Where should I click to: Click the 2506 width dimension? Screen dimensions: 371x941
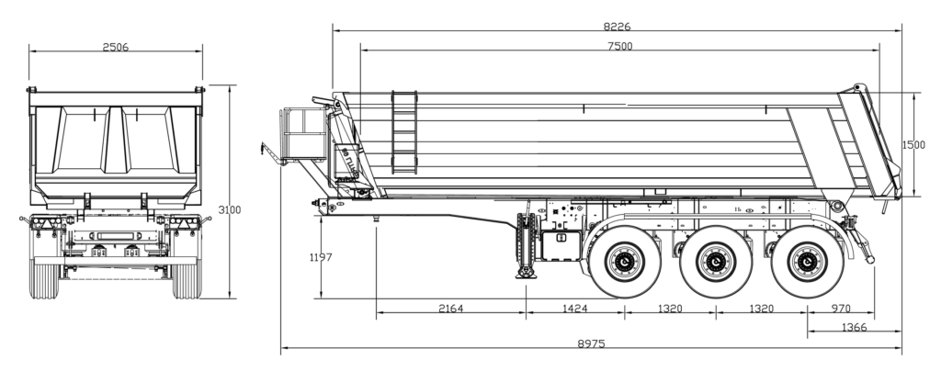pos(116,46)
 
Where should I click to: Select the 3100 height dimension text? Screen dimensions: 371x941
pos(230,210)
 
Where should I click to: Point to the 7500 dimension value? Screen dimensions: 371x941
pos(619,46)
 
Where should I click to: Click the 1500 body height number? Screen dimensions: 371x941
pos(914,145)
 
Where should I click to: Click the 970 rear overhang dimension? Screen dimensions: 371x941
pos(840,309)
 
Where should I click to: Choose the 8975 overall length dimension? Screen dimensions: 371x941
pos(590,343)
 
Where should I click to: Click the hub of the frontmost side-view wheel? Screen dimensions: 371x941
pos(624,263)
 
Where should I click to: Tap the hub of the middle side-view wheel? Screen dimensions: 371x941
pos(715,263)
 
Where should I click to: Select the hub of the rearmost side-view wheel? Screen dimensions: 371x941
pos(805,263)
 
